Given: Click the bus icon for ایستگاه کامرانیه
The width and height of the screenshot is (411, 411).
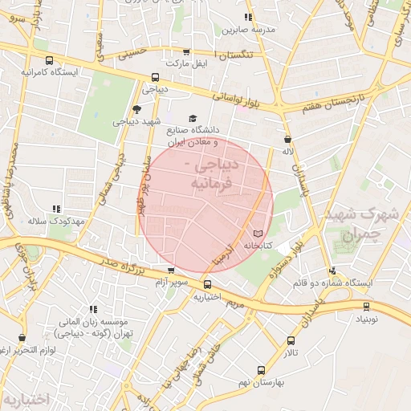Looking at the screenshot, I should (50, 61).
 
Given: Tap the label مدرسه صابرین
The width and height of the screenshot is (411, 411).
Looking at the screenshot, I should (248, 29).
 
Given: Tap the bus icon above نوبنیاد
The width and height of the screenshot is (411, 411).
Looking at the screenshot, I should (367, 306).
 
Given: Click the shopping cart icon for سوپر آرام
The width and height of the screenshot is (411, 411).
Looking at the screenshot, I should (170, 271).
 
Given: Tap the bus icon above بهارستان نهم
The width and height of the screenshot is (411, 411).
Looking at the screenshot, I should (260, 370).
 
